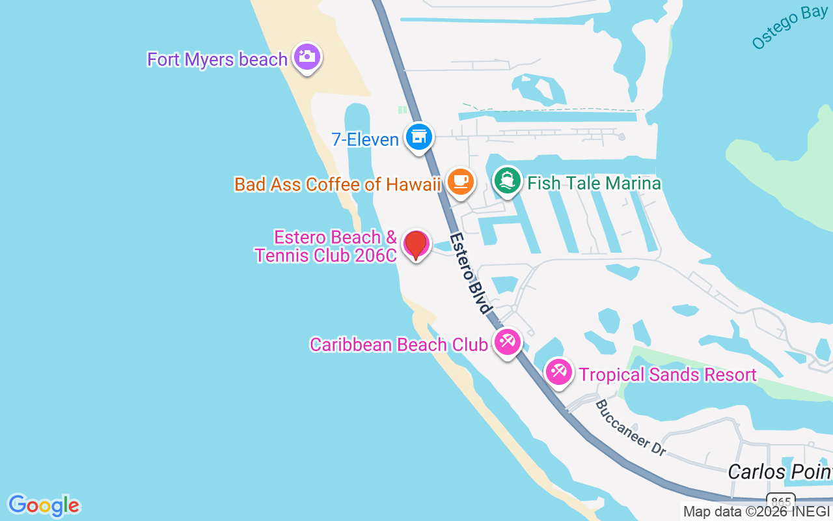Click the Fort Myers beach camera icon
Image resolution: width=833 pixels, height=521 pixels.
tap(307, 57)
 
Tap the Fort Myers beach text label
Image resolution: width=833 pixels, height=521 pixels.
tap(217, 59)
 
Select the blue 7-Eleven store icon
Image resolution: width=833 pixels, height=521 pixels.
tap(418, 137)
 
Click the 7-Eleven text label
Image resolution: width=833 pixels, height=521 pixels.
tap(364, 138)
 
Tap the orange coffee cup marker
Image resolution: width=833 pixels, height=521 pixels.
tap(461, 181)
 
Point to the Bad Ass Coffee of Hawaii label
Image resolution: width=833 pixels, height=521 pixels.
tap(338, 184)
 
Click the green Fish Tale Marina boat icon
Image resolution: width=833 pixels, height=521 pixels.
tap(508, 180)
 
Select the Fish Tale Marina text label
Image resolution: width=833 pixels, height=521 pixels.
tap(594, 183)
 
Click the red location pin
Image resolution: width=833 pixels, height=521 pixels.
tap(416, 244)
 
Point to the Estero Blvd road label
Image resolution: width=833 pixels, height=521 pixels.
tap(469, 274)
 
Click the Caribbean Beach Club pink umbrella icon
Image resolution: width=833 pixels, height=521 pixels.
tap(507, 341)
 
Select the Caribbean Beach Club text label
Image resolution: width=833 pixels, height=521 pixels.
tap(399, 345)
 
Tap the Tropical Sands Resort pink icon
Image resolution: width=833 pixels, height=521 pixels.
tap(558, 372)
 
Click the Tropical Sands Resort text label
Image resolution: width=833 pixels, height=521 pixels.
tap(668, 374)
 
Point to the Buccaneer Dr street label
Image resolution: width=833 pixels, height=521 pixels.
tap(629, 427)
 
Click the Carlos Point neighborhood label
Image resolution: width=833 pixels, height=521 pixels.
tap(780, 471)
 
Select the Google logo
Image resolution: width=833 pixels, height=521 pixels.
tap(44, 505)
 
